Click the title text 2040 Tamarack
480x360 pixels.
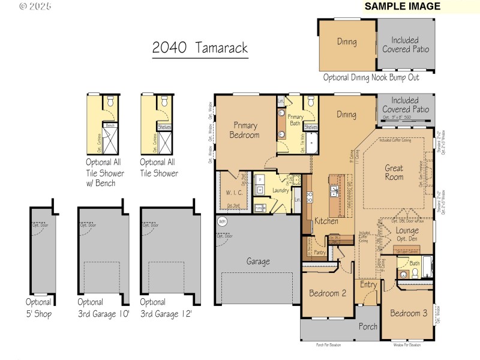[x=200, y=49]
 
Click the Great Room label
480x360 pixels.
[x=394, y=173]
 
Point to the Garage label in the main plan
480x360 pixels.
[x=258, y=262]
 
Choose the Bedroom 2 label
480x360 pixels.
[x=328, y=293]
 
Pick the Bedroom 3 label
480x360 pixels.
[x=409, y=313]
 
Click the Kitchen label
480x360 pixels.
[x=326, y=221]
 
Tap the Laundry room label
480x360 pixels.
[x=280, y=191]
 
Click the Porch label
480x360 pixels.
[x=368, y=327]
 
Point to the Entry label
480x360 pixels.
[x=368, y=285]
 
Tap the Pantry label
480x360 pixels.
[x=320, y=253]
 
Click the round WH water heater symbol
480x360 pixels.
[x=221, y=221]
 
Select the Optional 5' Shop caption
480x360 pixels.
[x=38, y=307]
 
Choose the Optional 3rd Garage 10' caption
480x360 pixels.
[x=103, y=307]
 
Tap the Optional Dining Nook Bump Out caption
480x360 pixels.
[x=371, y=77]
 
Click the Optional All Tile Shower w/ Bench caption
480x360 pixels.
[x=105, y=173]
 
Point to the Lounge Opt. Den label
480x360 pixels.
[x=407, y=235]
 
